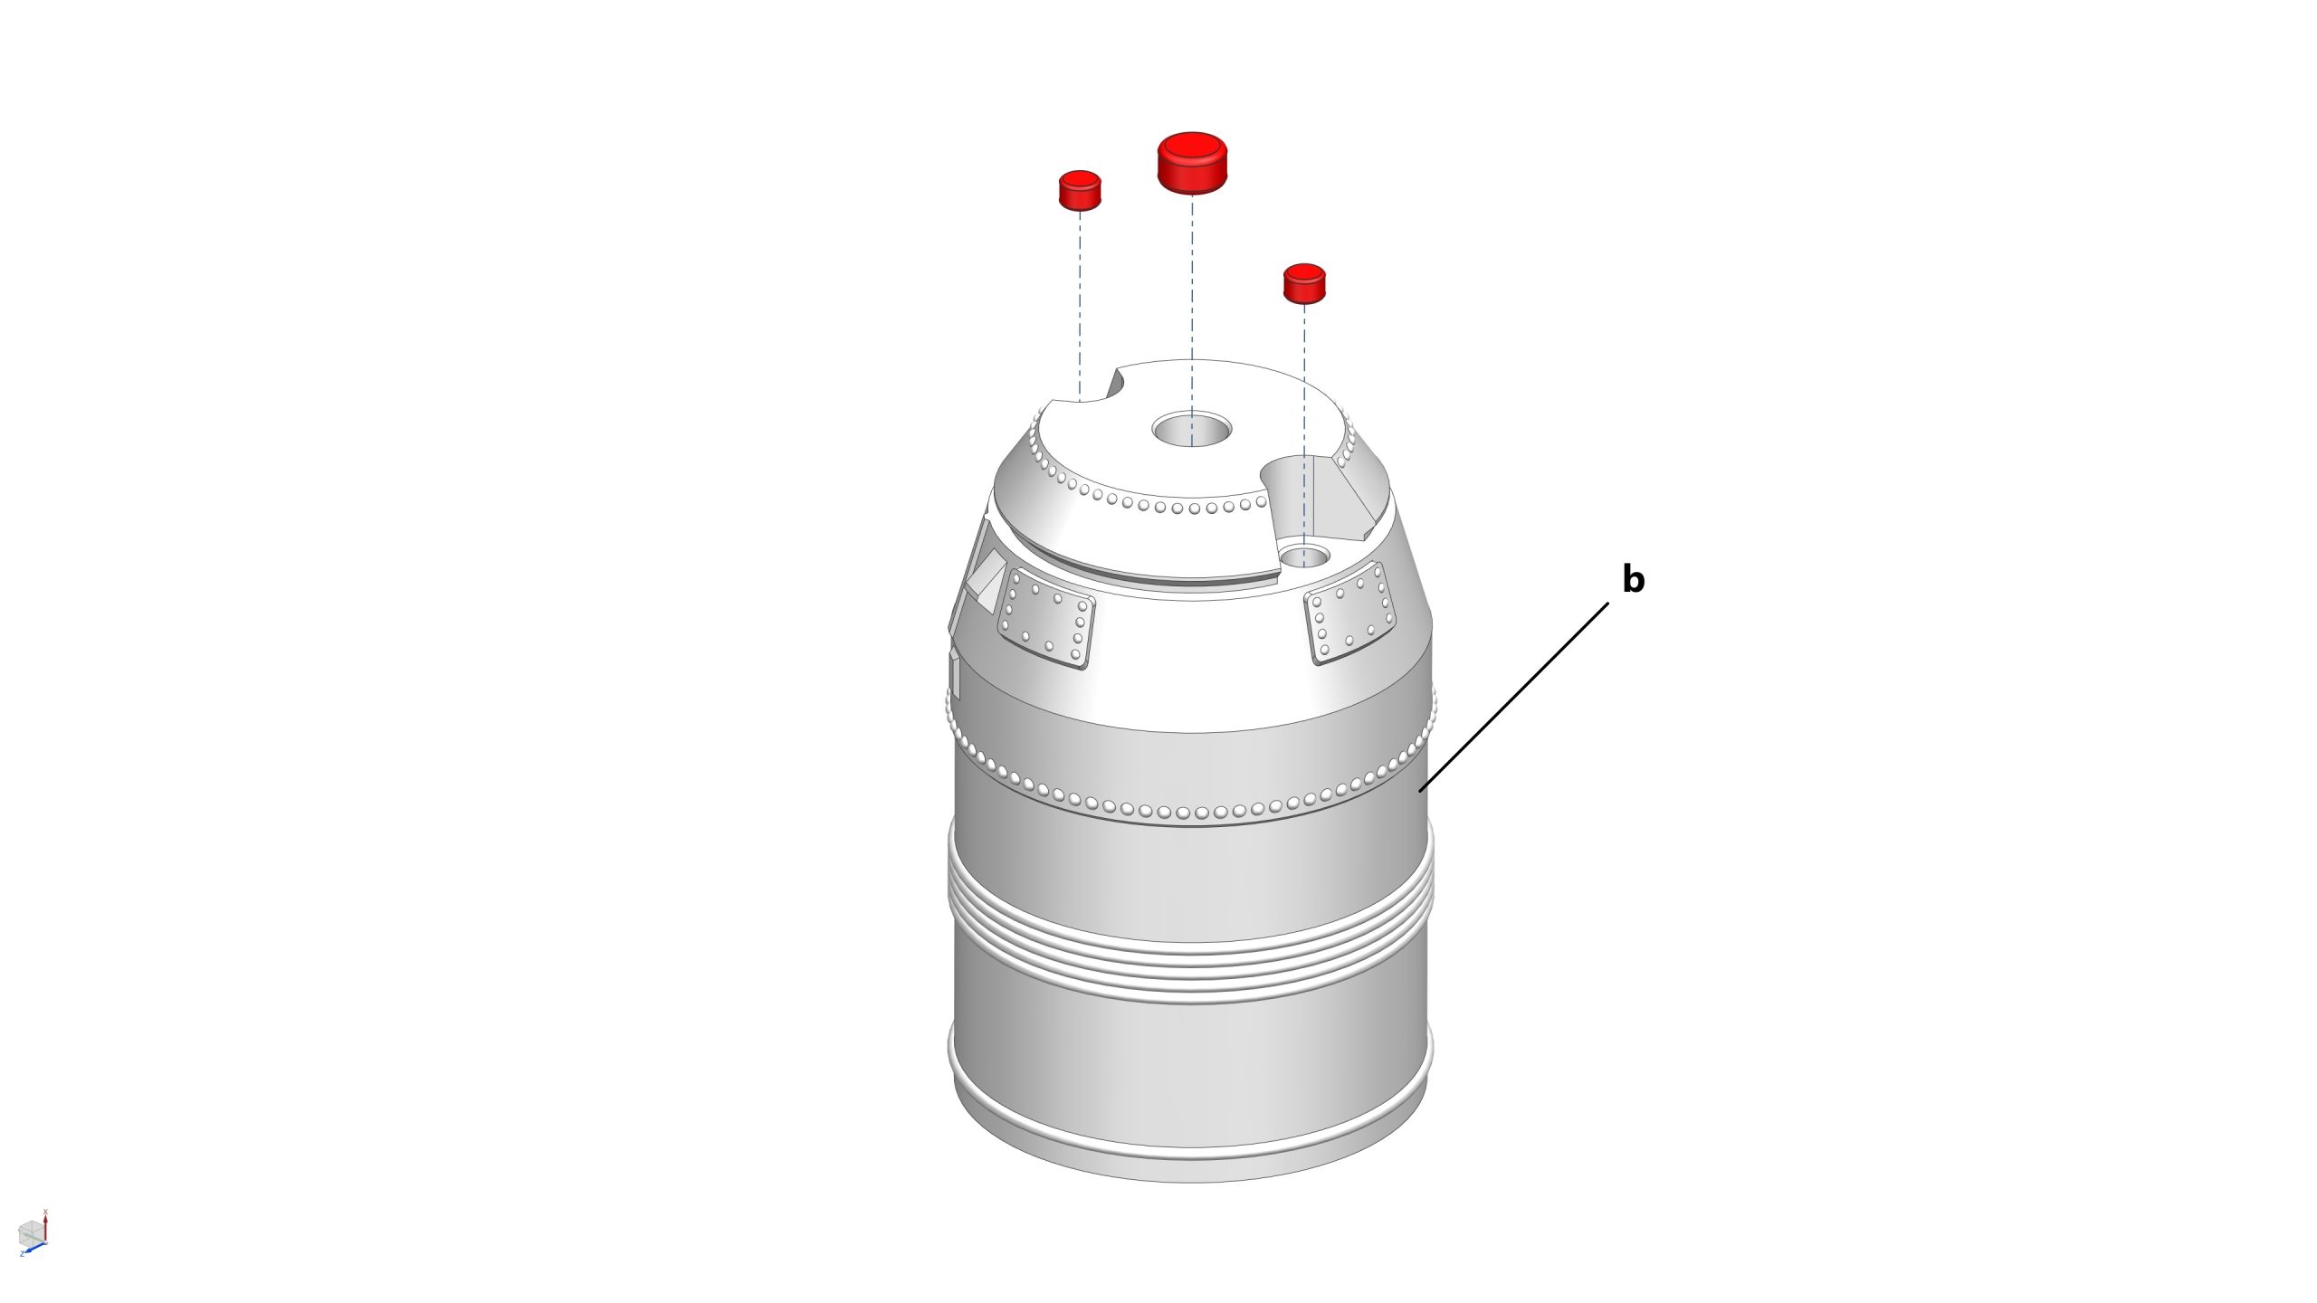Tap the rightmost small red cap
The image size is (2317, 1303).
pyautogui.click(x=1304, y=283)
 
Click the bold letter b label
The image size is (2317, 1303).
pyautogui.click(x=1633, y=579)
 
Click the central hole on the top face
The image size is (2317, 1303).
pyautogui.click(x=1192, y=428)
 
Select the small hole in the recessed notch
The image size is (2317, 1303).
pyautogui.click(x=1304, y=555)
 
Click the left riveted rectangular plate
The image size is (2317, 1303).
pyautogui.click(x=1045, y=620)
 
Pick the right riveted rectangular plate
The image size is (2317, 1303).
pyautogui.click(x=1350, y=611)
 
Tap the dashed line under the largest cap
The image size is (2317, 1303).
pyautogui.click(x=1192, y=319)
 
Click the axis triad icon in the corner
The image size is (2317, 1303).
pyautogui.click(x=33, y=1233)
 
